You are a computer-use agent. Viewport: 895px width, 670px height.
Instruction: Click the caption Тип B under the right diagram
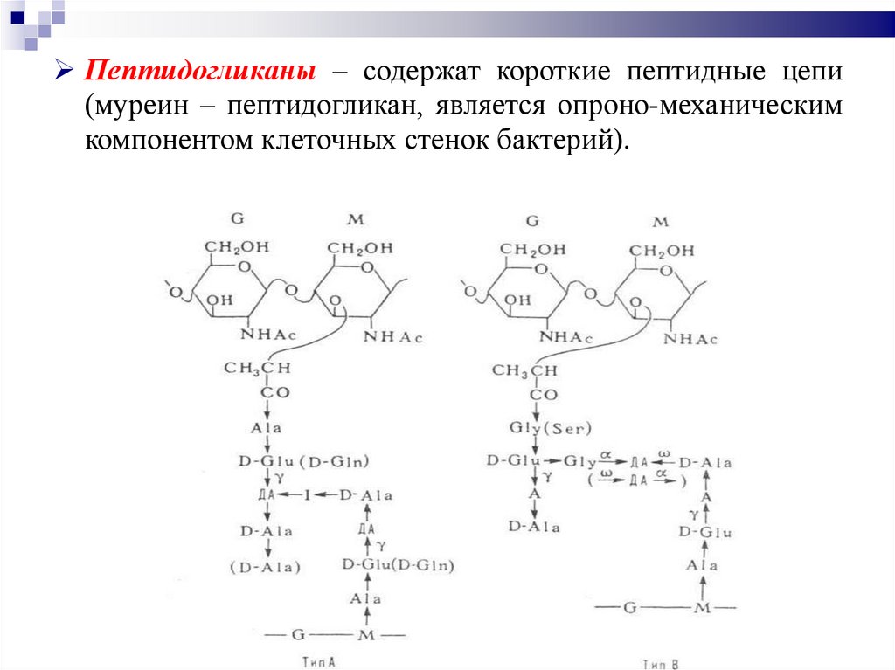[663, 664]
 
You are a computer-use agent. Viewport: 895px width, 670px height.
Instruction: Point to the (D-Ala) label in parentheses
[265, 567]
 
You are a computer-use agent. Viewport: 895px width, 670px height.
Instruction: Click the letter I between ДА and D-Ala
[307, 495]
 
